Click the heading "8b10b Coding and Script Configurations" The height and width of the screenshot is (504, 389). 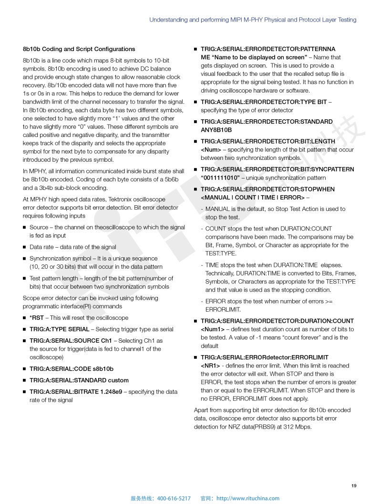pyautogui.click(x=79, y=49)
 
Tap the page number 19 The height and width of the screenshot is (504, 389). pyautogui.click(x=354, y=486)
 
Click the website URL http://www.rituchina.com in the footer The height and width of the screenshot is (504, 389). pyautogui.click(x=248, y=498)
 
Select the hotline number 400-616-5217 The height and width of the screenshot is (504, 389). pyautogui.click(x=174, y=498)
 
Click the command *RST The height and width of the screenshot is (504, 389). pyautogui.click(x=36, y=318)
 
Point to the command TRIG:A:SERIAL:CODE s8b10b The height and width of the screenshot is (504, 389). pyautogui.click(x=72, y=369)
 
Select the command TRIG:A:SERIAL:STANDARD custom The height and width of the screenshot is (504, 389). pyautogui.click(x=79, y=380)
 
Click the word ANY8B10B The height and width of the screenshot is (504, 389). pyautogui.click(x=216, y=130)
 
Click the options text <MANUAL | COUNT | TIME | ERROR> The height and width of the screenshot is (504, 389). pyautogui.click(x=252, y=198)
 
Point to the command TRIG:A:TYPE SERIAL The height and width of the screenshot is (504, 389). pyautogui.click(x=59, y=329)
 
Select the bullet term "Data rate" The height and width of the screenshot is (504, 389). pyautogui.click(x=42, y=247)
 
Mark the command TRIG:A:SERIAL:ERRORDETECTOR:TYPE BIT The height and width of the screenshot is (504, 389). pyautogui.click(x=264, y=102)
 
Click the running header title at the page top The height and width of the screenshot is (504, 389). pyautogui.click(x=253, y=20)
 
